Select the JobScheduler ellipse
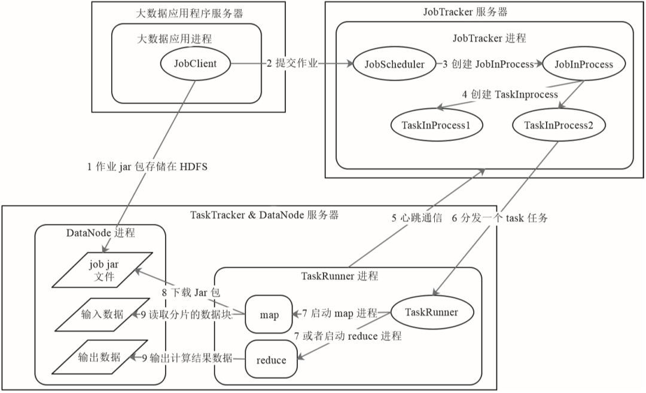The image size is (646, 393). (x=395, y=64)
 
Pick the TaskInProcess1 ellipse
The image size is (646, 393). (x=436, y=125)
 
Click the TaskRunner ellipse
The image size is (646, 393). (x=431, y=312)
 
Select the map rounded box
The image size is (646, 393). (x=269, y=315)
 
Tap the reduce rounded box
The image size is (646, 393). (x=271, y=360)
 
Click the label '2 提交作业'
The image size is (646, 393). (x=292, y=64)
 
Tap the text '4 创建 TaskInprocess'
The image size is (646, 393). (x=510, y=94)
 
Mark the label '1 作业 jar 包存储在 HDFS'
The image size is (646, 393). (x=147, y=167)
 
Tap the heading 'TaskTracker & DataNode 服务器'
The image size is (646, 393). (x=264, y=214)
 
